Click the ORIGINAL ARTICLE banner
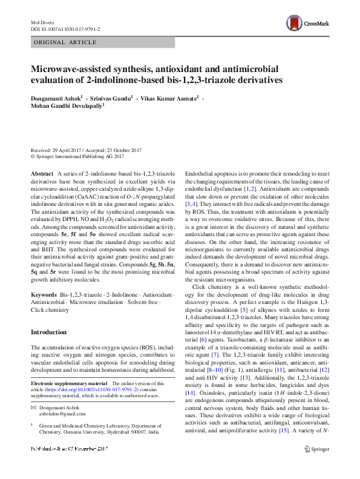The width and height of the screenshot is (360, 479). [65, 42]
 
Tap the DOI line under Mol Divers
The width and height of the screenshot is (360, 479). [65, 28]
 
